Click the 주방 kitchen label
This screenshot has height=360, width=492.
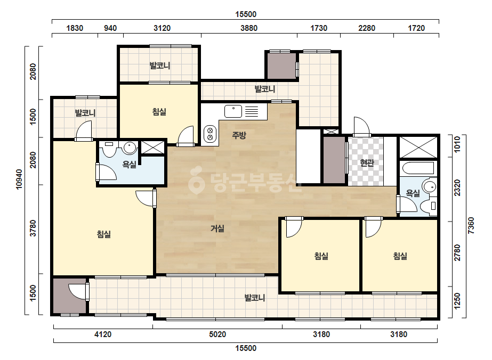(x=239, y=135)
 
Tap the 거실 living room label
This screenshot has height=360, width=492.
(x=217, y=228)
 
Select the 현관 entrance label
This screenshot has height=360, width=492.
(x=367, y=163)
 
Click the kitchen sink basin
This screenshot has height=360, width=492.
(x=233, y=111)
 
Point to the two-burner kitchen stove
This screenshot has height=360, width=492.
(x=210, y=134)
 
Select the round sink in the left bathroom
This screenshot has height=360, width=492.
(x=130, y=148)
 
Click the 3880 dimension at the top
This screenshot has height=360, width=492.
(x=249, y=28)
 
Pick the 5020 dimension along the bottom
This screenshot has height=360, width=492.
(x=217, y=334)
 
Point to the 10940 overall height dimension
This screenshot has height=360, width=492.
(x=19, y=179)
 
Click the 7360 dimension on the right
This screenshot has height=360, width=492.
(x=471, y=225)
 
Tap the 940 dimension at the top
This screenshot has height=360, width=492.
(x=110, y=28)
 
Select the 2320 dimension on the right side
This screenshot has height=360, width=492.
(x=457, y=188)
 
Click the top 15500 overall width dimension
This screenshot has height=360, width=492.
(x=246, y=14)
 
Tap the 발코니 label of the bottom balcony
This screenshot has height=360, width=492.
(x=255, y=298)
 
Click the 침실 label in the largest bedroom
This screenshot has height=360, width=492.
(x=104, y=234)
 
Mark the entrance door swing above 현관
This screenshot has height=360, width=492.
(x=361, y=127)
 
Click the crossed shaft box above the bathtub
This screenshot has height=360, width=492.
(x=417, y=147)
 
